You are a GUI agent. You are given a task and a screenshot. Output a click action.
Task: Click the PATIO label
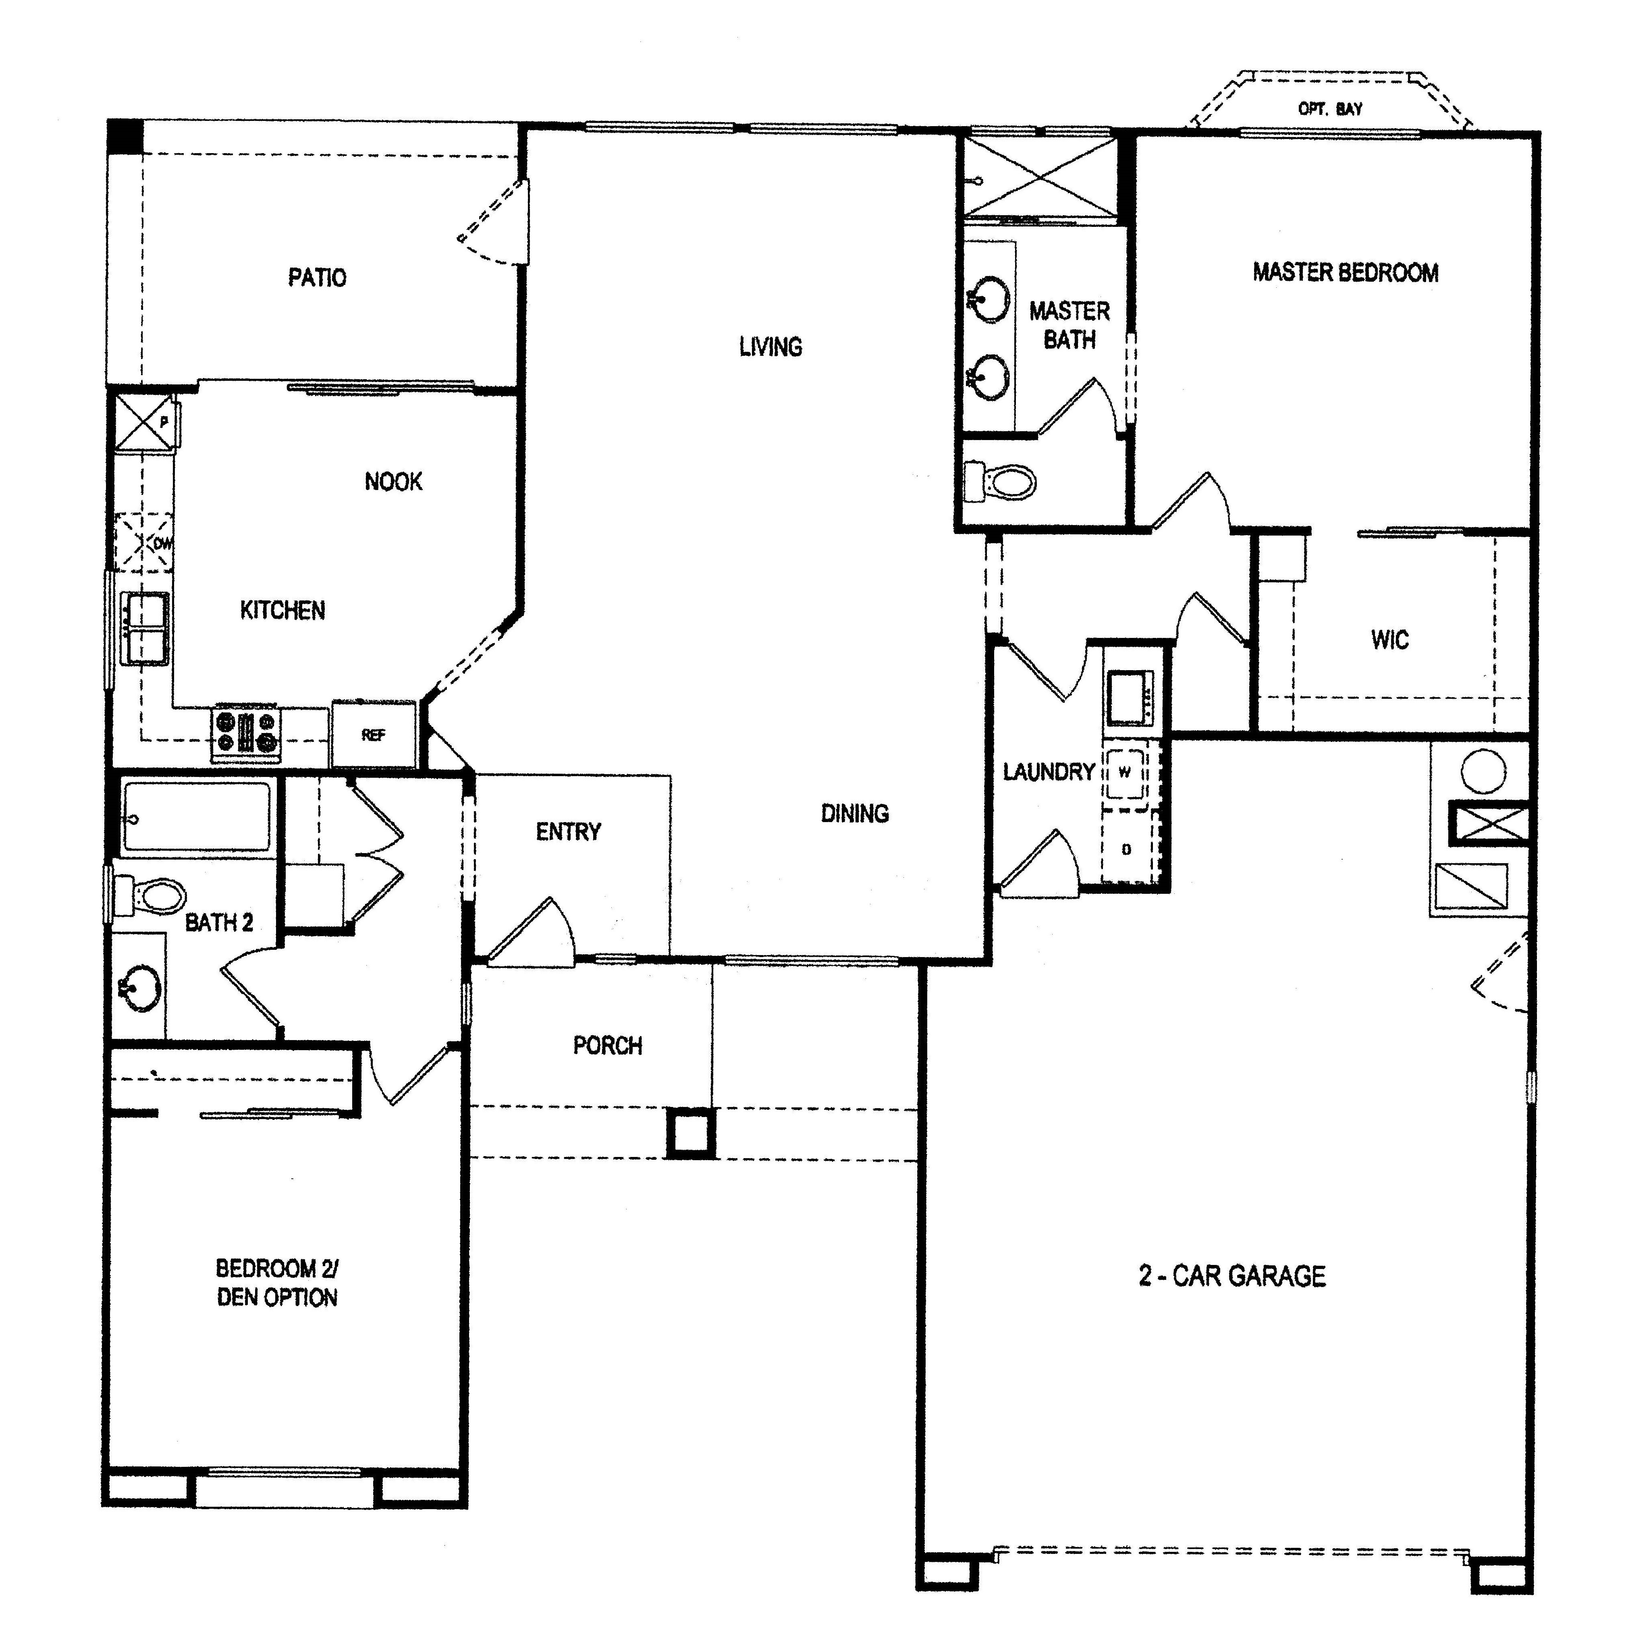pyautogui.click(x=317, y=278)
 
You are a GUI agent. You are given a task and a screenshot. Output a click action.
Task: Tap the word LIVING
pyautogui.click(x=771, y=347)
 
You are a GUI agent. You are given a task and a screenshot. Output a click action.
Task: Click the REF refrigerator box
pyautogui.click(x=374, y=734)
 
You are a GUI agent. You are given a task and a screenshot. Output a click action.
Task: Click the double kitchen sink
pyautogui.click(x=146, y=628)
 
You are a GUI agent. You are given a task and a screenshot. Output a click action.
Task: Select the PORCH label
pyautogui.click(x=608, y=1045)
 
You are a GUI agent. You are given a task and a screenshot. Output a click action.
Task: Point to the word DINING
pyautogui.click(x=855, y=814)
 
